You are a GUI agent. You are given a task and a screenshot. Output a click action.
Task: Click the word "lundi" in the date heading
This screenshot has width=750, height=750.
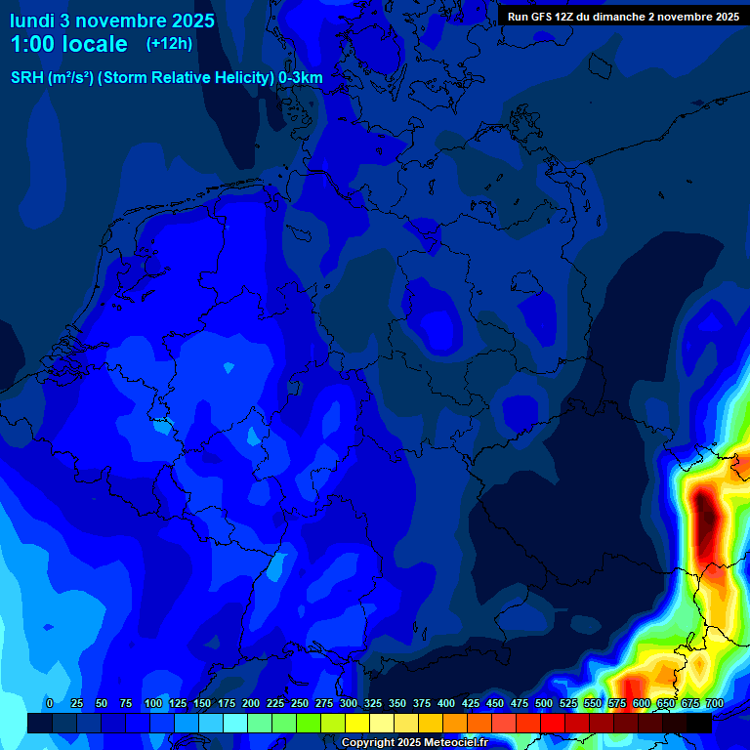[33, 21]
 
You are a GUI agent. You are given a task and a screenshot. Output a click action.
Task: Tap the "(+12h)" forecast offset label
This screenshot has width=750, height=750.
[169, 43]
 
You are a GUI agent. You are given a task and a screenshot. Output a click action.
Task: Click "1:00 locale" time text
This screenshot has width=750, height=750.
[68, 44]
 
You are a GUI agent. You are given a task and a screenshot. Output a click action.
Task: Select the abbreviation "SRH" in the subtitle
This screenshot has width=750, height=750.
[27, 78]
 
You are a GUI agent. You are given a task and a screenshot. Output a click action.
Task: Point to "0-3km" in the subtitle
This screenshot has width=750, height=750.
[300, 78]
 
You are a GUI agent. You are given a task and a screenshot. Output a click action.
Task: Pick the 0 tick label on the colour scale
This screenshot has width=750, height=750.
[50, 703]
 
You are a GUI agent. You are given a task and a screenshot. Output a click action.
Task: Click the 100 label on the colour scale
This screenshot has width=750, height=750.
[153, 703]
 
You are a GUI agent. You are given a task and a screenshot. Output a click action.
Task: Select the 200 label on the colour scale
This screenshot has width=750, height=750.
[251, 703]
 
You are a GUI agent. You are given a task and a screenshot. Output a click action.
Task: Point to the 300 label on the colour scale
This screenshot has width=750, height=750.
[349, 703]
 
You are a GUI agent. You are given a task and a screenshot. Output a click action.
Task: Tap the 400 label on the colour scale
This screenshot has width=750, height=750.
[446, 703]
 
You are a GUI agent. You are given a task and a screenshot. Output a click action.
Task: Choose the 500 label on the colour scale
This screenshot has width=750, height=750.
[544, 703]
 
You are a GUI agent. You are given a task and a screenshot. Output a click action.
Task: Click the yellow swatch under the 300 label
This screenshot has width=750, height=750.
[357, 723]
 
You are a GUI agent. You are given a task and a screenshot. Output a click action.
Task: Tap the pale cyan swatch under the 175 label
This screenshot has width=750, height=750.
[235, 723]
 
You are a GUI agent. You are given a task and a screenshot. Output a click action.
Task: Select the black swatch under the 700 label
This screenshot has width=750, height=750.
[699, 723]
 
